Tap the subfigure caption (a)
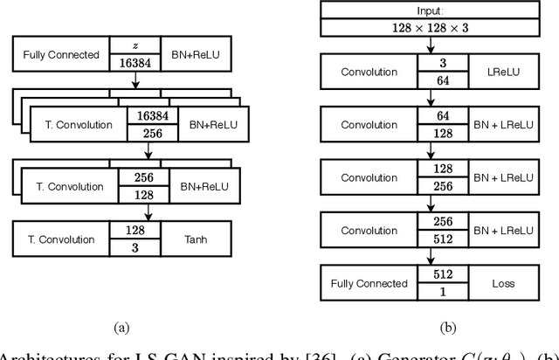(121, 328)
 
